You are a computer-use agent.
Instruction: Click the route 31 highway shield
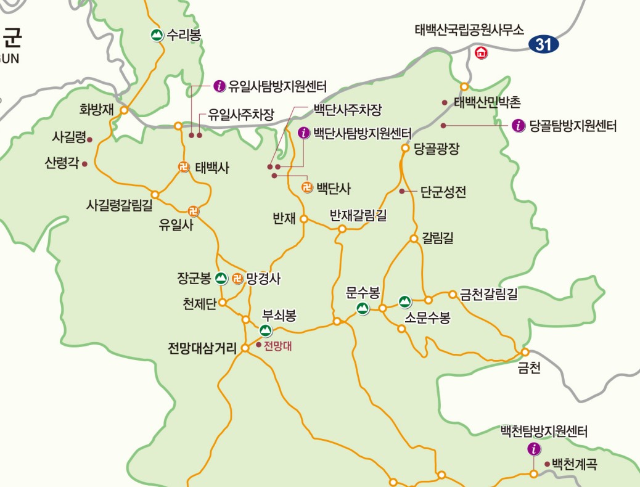coord(543,44)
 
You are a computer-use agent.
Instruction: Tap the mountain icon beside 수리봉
coord(157,35)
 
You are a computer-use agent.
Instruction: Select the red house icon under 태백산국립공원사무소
coord(481,53)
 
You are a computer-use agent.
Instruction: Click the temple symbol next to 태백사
coord(183,166)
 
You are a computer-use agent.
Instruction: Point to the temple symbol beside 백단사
coord(306,187)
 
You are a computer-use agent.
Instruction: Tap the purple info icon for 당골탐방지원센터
coord(519,126)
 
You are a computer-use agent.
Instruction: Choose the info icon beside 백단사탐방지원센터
coord(303,133)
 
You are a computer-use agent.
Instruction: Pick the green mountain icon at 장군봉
coord(222,279)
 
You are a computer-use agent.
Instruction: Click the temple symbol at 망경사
coord(238,279)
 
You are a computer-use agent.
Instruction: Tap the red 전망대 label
coord(277,346)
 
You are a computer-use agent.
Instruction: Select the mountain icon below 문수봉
coord(363,308)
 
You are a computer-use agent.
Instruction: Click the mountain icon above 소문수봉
coord(405,301)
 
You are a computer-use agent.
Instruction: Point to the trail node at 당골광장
coord(406,148)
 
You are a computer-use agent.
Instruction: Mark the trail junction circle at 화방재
coord(124,110)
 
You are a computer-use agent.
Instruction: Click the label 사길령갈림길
coord(120,206)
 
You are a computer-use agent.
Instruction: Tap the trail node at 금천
coord(525,352)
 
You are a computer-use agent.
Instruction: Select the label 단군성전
coord(443,192)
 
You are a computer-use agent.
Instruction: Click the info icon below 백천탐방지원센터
coord(534,449)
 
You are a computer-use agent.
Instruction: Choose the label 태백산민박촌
coord(487,102)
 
